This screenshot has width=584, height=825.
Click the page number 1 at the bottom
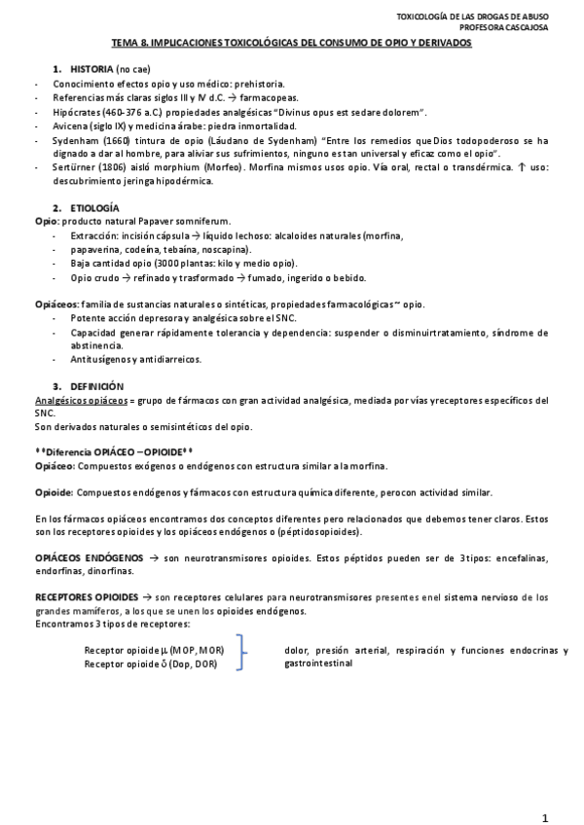[x=545, y=790]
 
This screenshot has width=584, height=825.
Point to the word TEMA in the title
[x=125, y=44]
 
